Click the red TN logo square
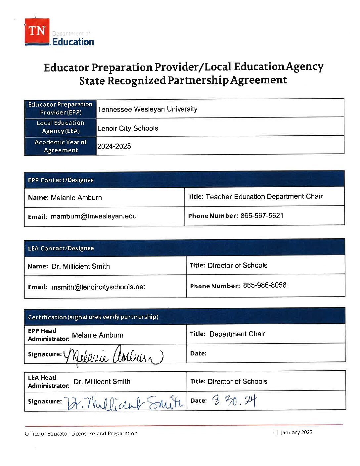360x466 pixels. pos(37,31)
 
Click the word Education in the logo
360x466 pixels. pos(73,42)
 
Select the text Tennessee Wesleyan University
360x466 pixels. pos(147,109)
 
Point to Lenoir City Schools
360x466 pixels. pos(128,128)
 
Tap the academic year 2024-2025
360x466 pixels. pos(114,146)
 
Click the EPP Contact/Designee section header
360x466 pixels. pos(61,180)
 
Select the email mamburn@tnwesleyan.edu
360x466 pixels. pos(94,216)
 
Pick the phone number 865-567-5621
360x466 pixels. pos(262,216)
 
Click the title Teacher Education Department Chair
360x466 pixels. pos(264,197)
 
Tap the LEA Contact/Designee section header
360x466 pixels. pos(61,248)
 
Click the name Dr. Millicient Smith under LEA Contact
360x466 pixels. pos(80,266)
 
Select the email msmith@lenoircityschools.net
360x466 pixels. pos(98,287)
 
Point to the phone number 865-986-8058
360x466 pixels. pos(264,285)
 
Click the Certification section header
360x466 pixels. pos(93,317)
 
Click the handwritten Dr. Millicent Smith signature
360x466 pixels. pos(124,402)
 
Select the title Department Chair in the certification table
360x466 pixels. pos(237,334)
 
